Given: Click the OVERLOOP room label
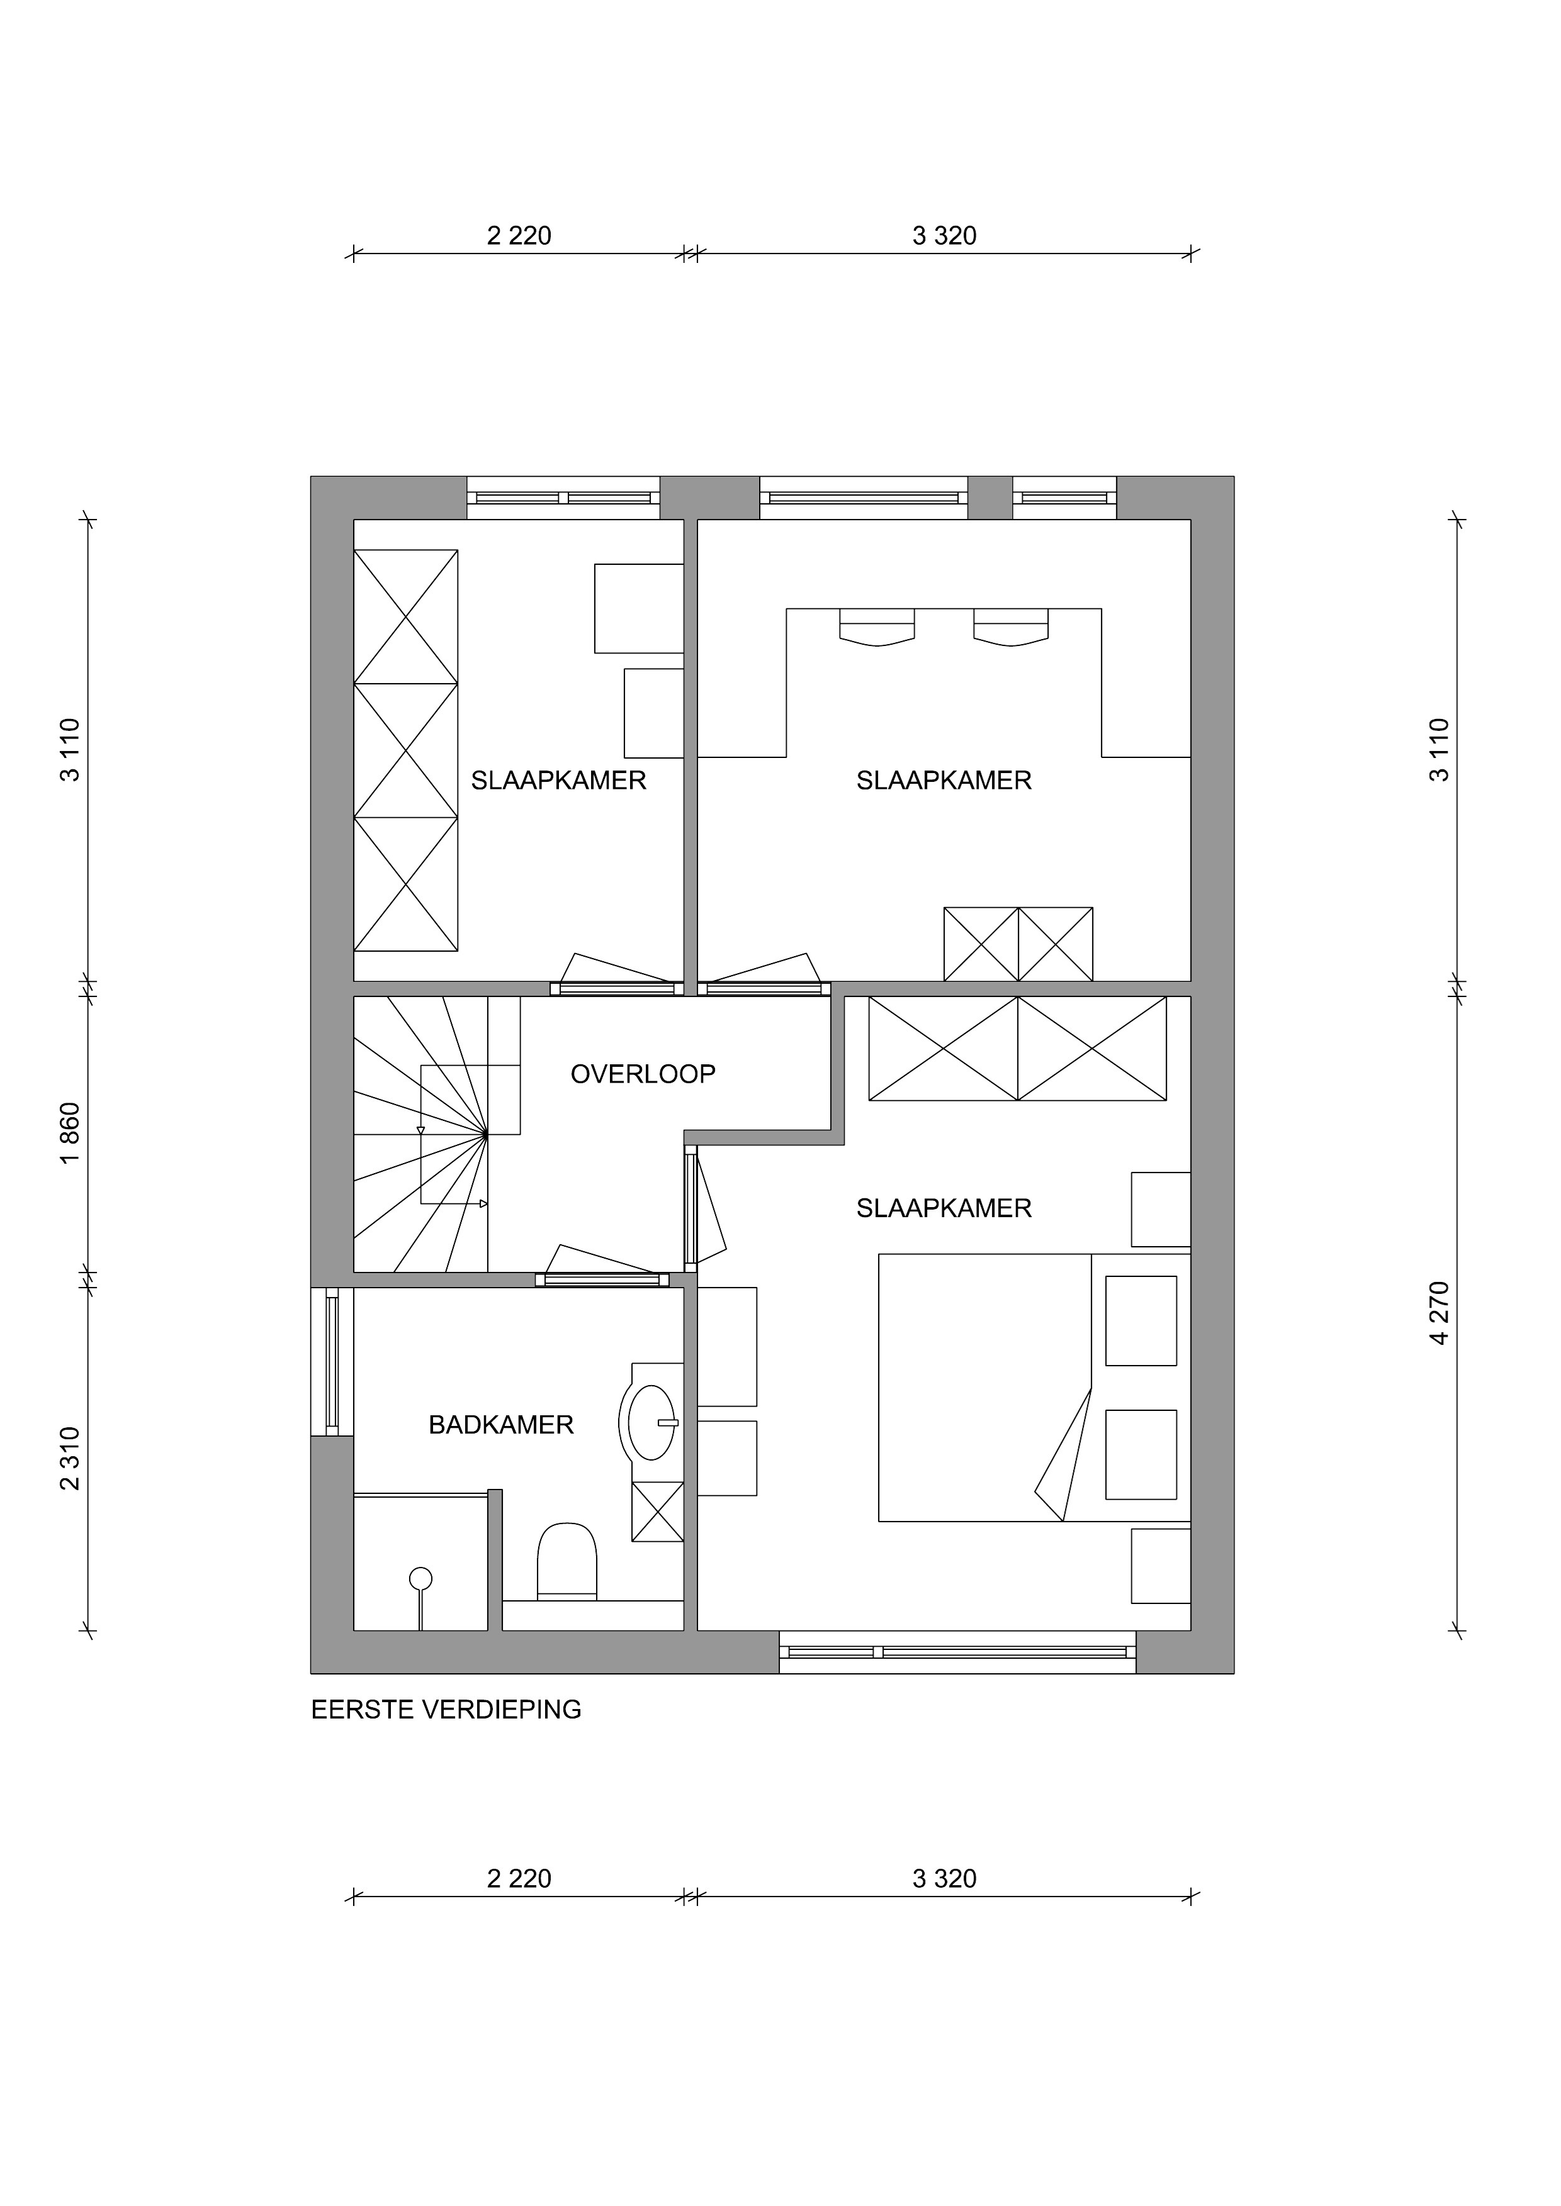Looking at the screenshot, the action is click(643, 1074).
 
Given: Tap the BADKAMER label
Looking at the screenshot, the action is click(501, 1425).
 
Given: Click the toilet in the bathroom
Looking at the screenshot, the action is click(567, 1561).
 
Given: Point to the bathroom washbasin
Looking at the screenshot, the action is click(651, 1422).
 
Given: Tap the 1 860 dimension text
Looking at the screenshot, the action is click(69, 1133).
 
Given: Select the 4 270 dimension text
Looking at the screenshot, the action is click(1438, 1312).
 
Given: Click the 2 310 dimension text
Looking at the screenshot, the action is click(69, 1459).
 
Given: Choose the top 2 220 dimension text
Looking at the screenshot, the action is click(519, 235).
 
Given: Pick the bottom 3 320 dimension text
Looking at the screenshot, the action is click(944, 1878).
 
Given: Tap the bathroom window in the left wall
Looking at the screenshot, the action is click(332, 1361).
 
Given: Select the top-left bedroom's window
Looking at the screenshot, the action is click(563, 498).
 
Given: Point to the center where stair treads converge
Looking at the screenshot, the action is click(487, 1135).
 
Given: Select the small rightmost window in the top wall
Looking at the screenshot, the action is click(1064, 498).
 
